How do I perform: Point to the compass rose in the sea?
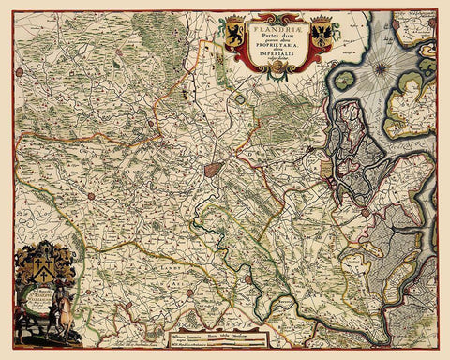[x=382, y=68]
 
